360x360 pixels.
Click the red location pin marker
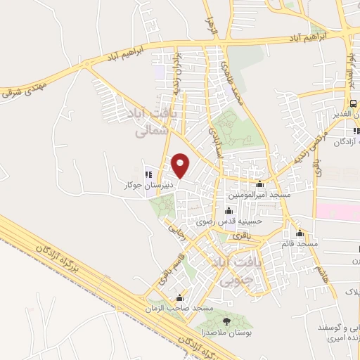181,165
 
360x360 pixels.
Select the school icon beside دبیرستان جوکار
148,174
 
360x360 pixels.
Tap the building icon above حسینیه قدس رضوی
228,211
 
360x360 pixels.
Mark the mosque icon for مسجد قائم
300,233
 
